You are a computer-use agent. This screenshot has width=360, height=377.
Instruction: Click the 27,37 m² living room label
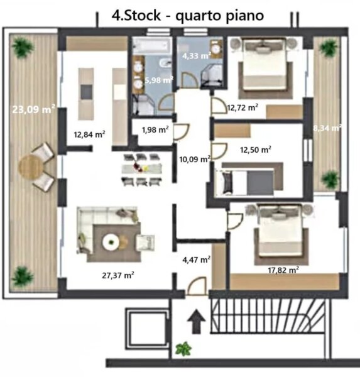(x=118, y=275)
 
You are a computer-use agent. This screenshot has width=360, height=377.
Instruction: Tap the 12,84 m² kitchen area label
(x=89, y=134)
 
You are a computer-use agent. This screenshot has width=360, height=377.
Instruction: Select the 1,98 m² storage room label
(x=155, y=129)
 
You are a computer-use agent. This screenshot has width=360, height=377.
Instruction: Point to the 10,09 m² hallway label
(x=195, y=159)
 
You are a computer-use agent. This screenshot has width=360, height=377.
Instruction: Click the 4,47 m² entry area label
(x=197, y=260)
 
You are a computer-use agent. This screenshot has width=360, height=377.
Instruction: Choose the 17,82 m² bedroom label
(x=283, y=270)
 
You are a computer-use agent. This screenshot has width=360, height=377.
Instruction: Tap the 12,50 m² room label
(x=256, y=150)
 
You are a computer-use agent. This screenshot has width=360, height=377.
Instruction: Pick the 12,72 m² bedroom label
(x=243, y=107)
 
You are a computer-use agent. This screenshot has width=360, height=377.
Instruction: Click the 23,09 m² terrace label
(x=34, y=109)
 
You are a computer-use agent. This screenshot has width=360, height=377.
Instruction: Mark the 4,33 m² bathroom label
(x=197, y=56)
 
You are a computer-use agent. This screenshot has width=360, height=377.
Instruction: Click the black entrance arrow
(x=197, y=321)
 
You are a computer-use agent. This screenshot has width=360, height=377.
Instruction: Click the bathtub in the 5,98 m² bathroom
(x=151, y=45)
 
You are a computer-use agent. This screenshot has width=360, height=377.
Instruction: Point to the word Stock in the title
(x=142, y=15)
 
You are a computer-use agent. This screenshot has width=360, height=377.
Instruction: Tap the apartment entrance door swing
(x=197, y=286)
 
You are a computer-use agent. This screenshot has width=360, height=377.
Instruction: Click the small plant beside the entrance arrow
(x=183, y=348)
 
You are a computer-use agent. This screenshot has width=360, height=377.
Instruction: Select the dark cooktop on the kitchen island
(x=86, y=92)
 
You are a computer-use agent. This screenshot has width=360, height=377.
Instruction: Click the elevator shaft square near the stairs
(x=146, y=330)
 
